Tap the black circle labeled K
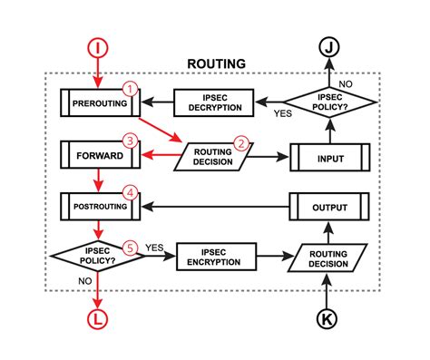tap(329, 318)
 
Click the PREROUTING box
tap(98, 102)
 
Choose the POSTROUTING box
tap(98, 206)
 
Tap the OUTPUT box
tap(329, 206)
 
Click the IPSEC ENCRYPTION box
tap(214, 257)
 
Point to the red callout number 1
tap(131, 90)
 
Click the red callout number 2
tap(240, 142)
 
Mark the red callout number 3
tap(131, 141)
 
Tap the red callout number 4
tap(131, 193)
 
